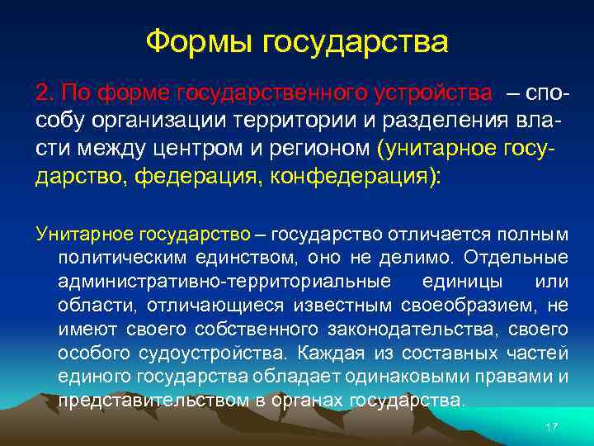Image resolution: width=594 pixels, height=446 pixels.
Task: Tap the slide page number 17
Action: coord(552,426)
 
